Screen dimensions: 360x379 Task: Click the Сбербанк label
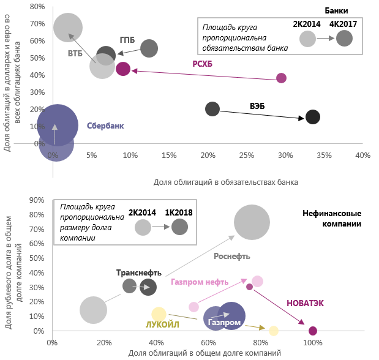tap(105, 126)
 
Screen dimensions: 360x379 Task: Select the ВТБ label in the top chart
tap(75, 54)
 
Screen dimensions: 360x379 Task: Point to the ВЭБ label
tap(257, 105)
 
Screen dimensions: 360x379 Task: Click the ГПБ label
tap(128, 38)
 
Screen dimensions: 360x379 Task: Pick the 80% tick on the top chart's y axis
tap(37, 7)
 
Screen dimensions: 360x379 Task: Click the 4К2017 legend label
tap(343, 24)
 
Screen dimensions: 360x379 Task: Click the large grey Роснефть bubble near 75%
tap(252, 222)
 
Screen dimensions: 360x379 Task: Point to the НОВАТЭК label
tap(305, 303)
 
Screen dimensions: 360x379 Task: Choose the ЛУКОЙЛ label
tap(162, 324)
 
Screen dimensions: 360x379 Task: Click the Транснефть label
tap(138, 272)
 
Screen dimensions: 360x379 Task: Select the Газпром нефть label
tap(200, 282)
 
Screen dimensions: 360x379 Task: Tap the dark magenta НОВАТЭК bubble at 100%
tap(313, 331)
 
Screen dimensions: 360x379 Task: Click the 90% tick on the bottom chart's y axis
tap(37, 200)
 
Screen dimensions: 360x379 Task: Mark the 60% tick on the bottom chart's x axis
tap(208, 343)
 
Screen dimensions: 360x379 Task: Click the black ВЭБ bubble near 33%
tap(313, 117)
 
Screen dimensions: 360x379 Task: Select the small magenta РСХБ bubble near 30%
tap(281, 78)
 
